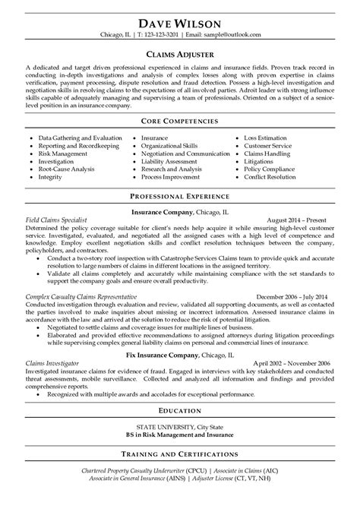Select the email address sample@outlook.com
(235, 36)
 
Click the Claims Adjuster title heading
(180, 54)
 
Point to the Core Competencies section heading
(180, 121)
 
